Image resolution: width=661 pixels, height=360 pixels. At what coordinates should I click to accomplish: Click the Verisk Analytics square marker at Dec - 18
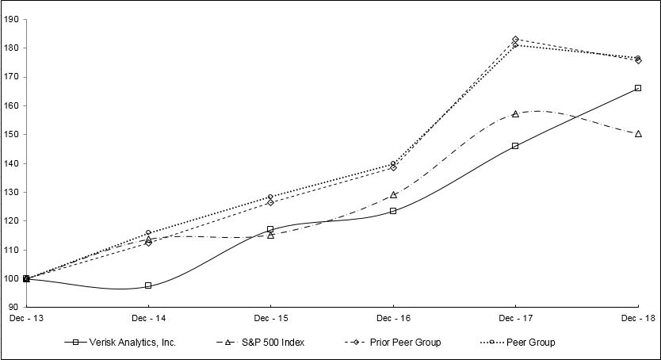click(638, 88)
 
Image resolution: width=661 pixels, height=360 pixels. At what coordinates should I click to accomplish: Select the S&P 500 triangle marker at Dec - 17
click(515, 114)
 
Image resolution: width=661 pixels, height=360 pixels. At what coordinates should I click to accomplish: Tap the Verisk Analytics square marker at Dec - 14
click(148, 285)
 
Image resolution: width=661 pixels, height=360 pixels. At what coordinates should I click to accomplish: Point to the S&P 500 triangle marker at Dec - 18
click(638, 134)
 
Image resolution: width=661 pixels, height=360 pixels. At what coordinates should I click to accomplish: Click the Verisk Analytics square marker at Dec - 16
click(393, 211)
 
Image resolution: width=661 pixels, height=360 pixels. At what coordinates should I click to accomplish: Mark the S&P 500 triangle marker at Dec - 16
click(393, 194)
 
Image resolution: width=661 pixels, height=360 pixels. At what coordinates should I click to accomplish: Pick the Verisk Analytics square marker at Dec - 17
click(515, 146)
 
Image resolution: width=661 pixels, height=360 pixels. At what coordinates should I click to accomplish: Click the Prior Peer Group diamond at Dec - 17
click(515, 39)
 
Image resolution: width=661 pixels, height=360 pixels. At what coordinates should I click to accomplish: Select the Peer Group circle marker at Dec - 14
click(148, 233)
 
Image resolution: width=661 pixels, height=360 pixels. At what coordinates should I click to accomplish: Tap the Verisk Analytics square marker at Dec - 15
click(270, 229)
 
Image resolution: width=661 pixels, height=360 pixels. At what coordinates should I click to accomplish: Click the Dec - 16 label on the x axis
click(393, 318)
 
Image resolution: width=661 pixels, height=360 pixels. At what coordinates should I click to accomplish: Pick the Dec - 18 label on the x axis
click(638, 318)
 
